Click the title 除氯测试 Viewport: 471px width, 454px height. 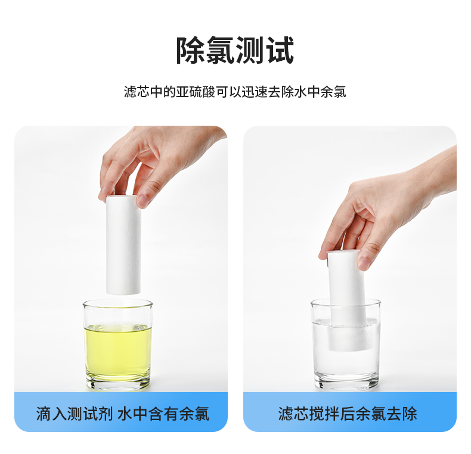235,51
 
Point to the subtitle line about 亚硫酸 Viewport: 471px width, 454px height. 235,92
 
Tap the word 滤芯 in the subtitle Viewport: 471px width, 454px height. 137,92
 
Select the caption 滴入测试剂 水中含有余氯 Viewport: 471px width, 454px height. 123,413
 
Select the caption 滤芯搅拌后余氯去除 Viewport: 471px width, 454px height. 348,413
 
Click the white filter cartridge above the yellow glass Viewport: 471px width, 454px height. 123,245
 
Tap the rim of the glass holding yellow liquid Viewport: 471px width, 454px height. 118,303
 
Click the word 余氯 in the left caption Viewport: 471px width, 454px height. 194,413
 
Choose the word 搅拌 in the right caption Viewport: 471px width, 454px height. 324,413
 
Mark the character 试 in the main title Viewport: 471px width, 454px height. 280,51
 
